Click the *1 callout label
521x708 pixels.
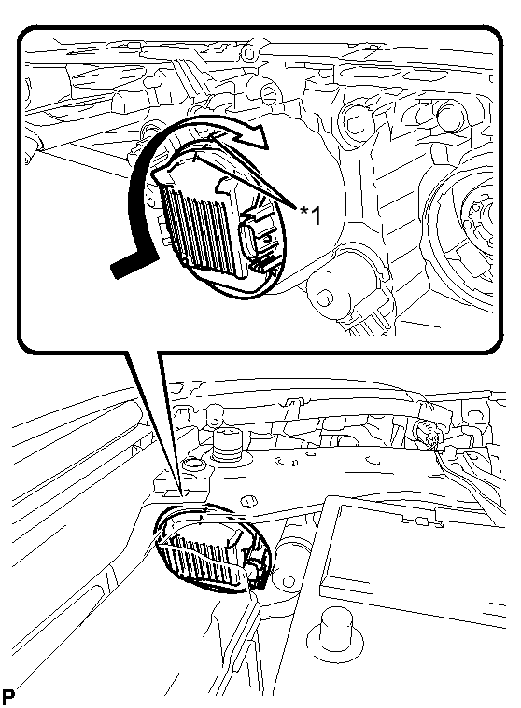pos(312,215)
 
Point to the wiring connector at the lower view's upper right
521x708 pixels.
pos(428,432)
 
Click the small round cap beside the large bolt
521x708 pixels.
pos(192,465)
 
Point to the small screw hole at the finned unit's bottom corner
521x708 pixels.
pos(184,261)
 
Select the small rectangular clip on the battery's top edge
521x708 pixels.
pos(422,521)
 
